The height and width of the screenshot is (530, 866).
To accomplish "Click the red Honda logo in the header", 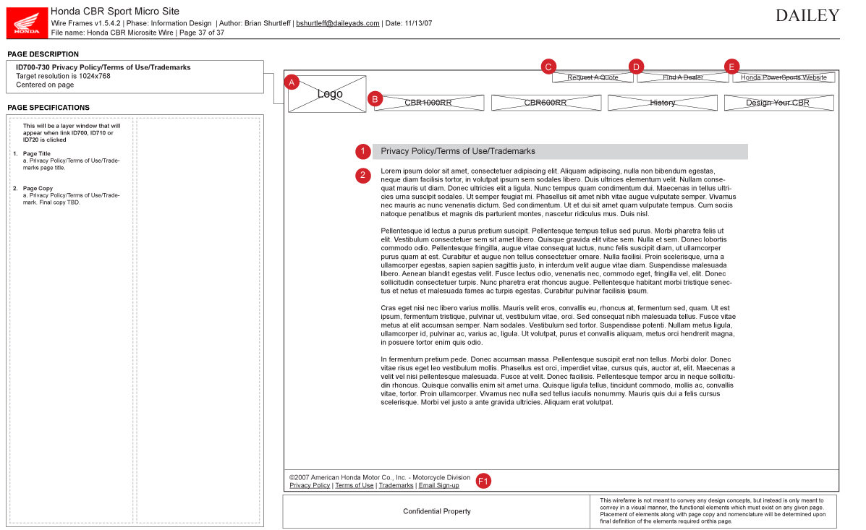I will click(x=27, y=22).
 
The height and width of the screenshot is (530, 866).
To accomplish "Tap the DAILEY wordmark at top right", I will click(x=807, y=16).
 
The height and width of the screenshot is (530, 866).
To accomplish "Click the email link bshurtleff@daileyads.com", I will click(x=338, y=23).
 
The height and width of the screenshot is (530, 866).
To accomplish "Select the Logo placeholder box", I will click(x=328, y=94).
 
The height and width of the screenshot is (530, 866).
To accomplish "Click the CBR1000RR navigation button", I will click(x=428, y=103).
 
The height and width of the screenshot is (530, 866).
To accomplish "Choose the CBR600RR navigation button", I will click(x=546, y=103).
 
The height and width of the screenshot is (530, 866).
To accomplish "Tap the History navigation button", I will click(x=662, y=103).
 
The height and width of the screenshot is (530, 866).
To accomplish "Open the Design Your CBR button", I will click(x=778, y=103).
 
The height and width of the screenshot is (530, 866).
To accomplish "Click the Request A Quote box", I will click(x=593, y=77).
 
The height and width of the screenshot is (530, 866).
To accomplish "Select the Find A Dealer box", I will click(x=683, y=77).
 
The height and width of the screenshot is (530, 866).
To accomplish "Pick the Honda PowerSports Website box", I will click(x=784, y=77).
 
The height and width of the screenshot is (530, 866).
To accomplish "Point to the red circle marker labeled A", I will click(x=292, y=82).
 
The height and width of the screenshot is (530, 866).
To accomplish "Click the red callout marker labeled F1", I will click(x=483, y=481).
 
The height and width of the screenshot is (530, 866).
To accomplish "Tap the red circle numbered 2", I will click(x=363, y=175).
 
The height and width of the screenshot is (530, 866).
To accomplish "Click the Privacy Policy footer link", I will click(x=310, y=485).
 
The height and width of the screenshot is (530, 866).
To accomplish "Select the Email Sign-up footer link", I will click(x=438, y=485).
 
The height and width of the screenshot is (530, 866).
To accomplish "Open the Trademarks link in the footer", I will click(x=396, y=485).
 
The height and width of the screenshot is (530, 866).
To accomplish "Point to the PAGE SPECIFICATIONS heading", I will click(x=48, y=108).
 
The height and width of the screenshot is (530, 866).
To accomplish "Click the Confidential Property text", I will click(x=437, y=511).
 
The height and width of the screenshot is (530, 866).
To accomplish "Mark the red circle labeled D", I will click(x=636, y=67).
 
